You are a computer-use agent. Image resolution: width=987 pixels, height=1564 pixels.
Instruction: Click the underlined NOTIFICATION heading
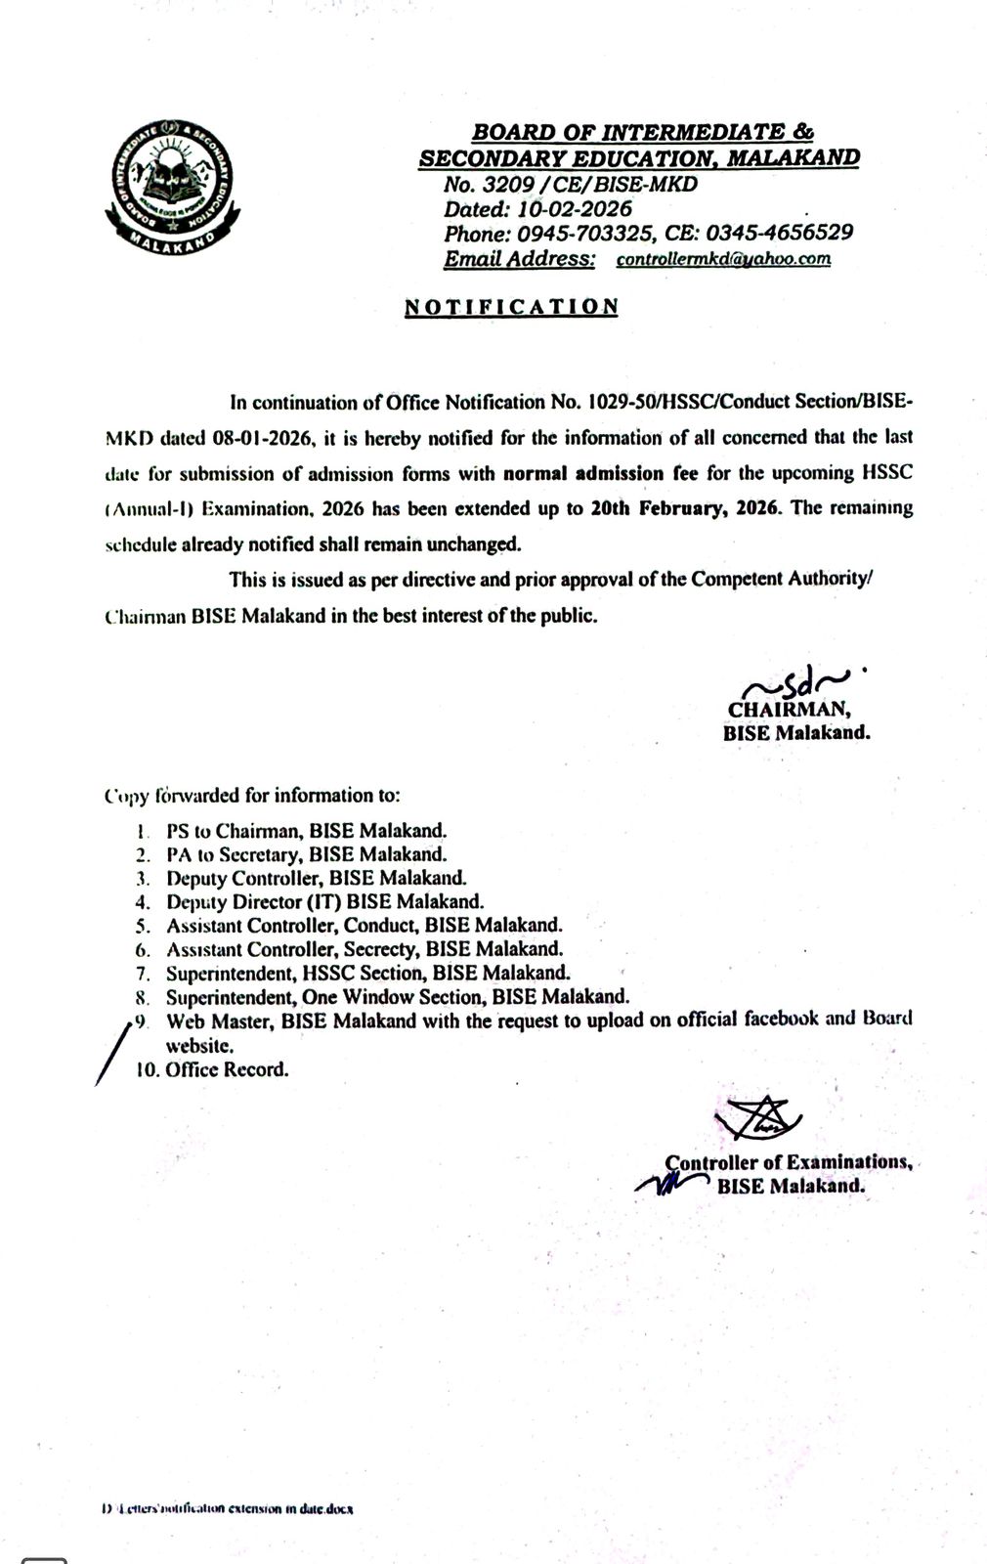pyautogui.click(x=511, y=306)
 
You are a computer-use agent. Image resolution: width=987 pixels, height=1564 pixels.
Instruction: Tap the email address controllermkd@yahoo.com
pyautogui.click(x=723, y=259)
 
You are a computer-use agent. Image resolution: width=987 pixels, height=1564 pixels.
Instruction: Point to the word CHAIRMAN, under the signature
pyautogui.click(x=789, y=711)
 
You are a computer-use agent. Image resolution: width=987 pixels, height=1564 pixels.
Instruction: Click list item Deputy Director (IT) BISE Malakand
pyautogui.click(x=324, y=902)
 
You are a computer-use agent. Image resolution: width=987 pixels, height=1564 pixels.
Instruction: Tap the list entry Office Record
pyautogui.click(x=227, y=1068)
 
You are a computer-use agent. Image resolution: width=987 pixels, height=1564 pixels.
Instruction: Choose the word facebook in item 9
pyautogui.click(x=778, y=1020)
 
